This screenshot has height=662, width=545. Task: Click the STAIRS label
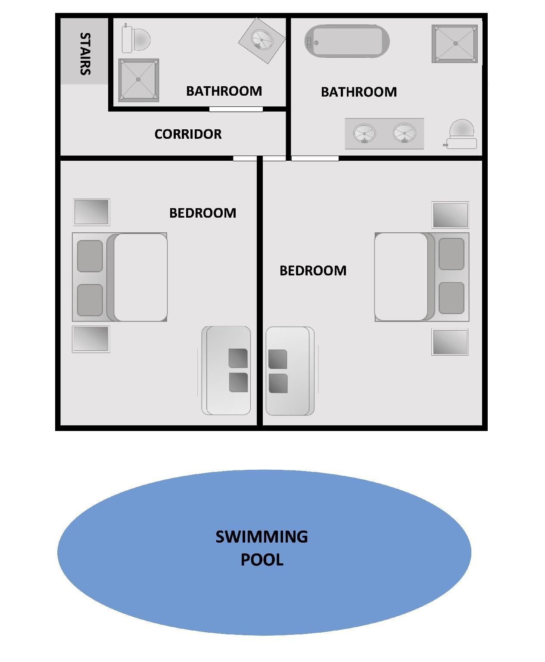tap(85, 53)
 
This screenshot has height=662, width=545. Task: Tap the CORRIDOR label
tap(188, 134)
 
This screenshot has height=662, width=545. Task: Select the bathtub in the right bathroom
tap(347, 41)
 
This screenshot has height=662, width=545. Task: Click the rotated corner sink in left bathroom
tap(262, 40)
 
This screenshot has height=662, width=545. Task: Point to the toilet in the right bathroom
tap(461, 134)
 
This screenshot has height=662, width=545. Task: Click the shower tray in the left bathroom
tap(139, 80)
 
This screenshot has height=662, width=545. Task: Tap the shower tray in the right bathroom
tap(455, 44)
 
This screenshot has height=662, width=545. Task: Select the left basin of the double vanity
tap(364, 133)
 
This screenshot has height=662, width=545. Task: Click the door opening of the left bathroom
tap(236, 109)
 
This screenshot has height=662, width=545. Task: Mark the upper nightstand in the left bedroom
tap(92, 212)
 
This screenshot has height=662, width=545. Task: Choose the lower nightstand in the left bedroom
tap(91, 339)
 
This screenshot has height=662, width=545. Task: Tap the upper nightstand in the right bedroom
tap(450, 215)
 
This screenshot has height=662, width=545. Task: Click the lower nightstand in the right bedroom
tap(450, 342)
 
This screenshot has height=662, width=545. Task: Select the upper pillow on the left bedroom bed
tap(90, 256)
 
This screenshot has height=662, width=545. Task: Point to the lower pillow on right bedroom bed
tap(452, 298)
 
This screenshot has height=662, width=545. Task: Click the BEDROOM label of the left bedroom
tap(203, 213)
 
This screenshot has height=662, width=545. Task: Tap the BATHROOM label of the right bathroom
tap(359, 92)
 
